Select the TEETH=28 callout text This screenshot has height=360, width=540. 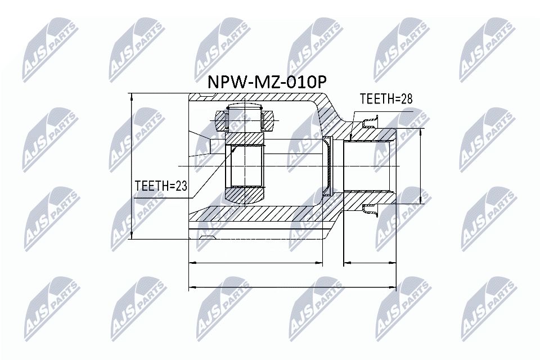[x=386, y=99]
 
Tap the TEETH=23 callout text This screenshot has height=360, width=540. [x=161, y=186]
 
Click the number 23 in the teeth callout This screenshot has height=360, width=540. [x=181, y=186]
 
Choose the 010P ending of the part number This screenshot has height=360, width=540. [x=304, y=82]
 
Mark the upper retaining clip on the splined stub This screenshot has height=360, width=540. [x=370, y=121]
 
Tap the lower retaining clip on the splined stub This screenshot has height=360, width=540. [x=370, y=210]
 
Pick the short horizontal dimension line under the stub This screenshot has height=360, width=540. [x=370, y=262]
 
